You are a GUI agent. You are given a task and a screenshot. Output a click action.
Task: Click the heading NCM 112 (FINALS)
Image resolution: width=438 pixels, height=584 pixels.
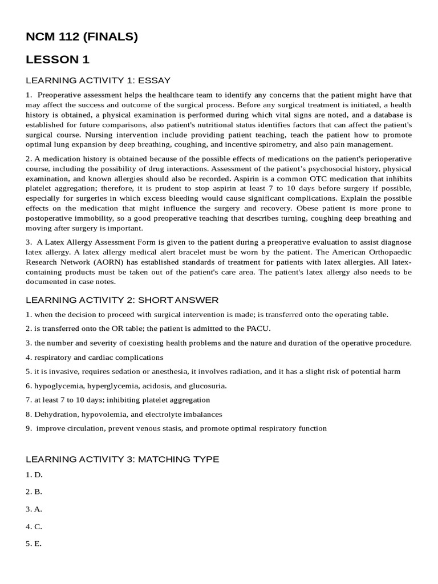[82, 38]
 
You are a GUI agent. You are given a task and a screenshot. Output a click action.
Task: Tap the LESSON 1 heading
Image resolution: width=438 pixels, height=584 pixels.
[58, 60]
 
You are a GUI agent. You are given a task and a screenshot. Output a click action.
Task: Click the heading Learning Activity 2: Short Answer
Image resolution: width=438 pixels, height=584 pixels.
[122, 300]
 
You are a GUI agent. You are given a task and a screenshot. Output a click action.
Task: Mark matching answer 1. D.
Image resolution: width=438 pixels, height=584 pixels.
[34, 474]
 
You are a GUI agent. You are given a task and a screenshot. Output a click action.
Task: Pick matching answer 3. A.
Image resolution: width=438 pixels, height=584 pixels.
[34, 509]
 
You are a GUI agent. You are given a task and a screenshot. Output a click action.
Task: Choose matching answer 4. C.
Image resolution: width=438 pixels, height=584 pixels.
[34, 526]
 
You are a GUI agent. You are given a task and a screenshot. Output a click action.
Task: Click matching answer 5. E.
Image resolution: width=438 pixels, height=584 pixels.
[34, 544]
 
